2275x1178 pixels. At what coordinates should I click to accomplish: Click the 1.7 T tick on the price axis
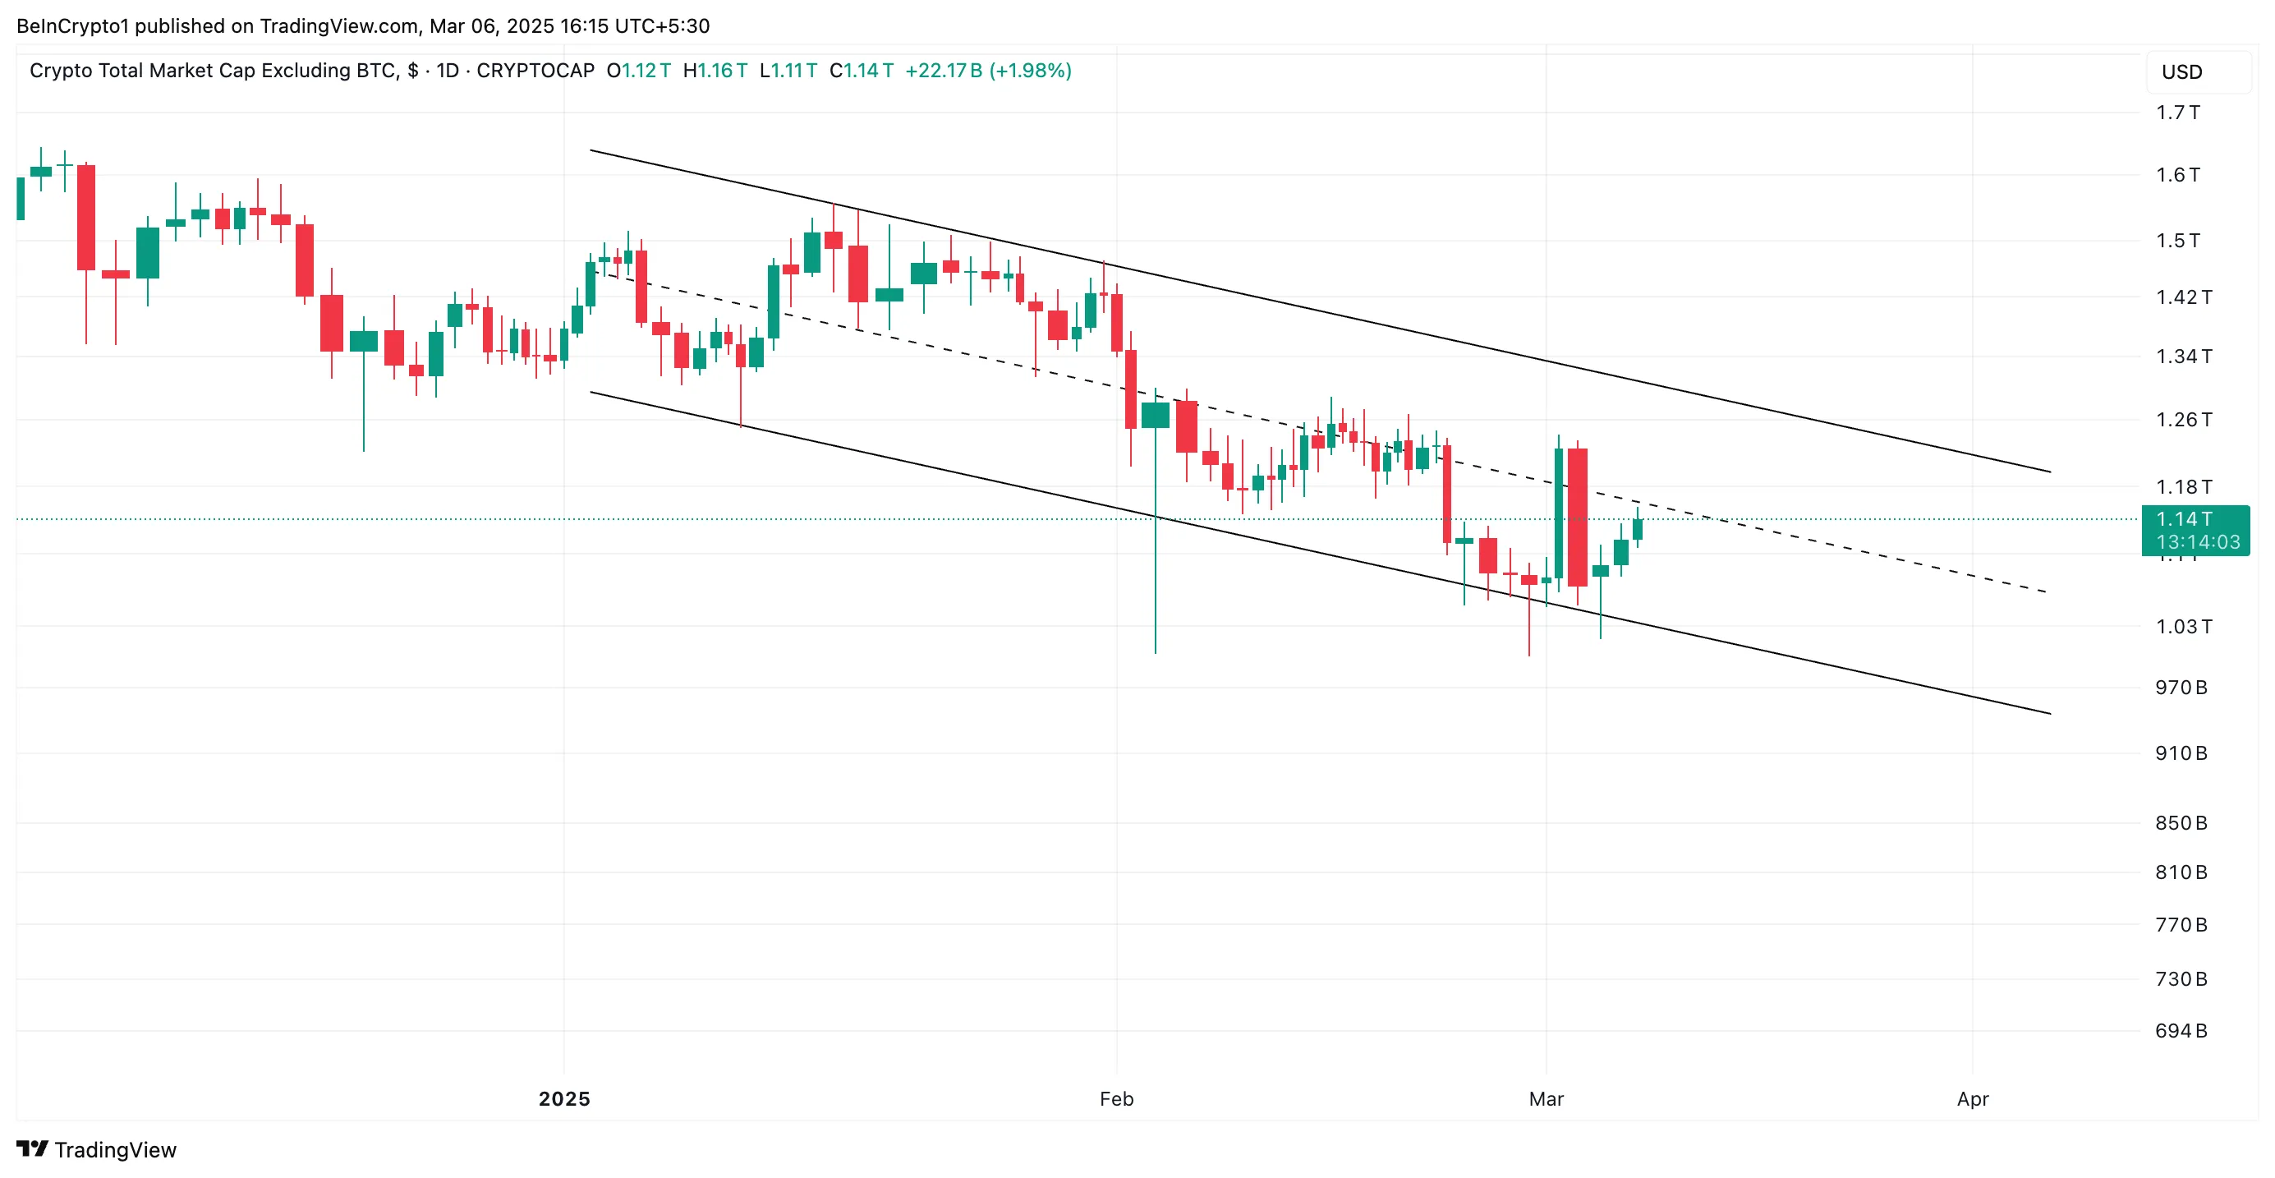point(2177,113)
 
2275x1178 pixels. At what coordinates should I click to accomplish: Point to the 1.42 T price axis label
point(2183,297)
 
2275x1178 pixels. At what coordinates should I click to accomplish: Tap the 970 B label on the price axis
point(2181,688)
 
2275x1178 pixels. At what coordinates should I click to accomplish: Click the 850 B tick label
point(2181,824)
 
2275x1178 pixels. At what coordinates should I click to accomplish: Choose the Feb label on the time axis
point(1116,1099)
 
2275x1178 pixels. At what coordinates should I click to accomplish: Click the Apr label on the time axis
point(1972,1099)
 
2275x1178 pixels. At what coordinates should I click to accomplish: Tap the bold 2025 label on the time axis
point(564,1099)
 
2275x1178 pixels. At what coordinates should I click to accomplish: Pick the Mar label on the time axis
point(1546,1099)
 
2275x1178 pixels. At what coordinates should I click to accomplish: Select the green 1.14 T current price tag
point(2195,531)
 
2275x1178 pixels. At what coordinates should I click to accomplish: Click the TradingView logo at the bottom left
point(97,1150)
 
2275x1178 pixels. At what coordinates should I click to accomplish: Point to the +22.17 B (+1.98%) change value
point(988,71)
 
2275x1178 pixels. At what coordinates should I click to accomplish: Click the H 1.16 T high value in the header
point(715,71)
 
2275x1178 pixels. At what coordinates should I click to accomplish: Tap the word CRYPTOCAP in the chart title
point(535,71)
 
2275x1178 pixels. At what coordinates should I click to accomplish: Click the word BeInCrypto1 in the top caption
point(72,26)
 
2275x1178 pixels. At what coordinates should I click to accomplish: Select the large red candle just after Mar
point(1578,517)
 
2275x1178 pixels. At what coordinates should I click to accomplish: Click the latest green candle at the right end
point(1638,528)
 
